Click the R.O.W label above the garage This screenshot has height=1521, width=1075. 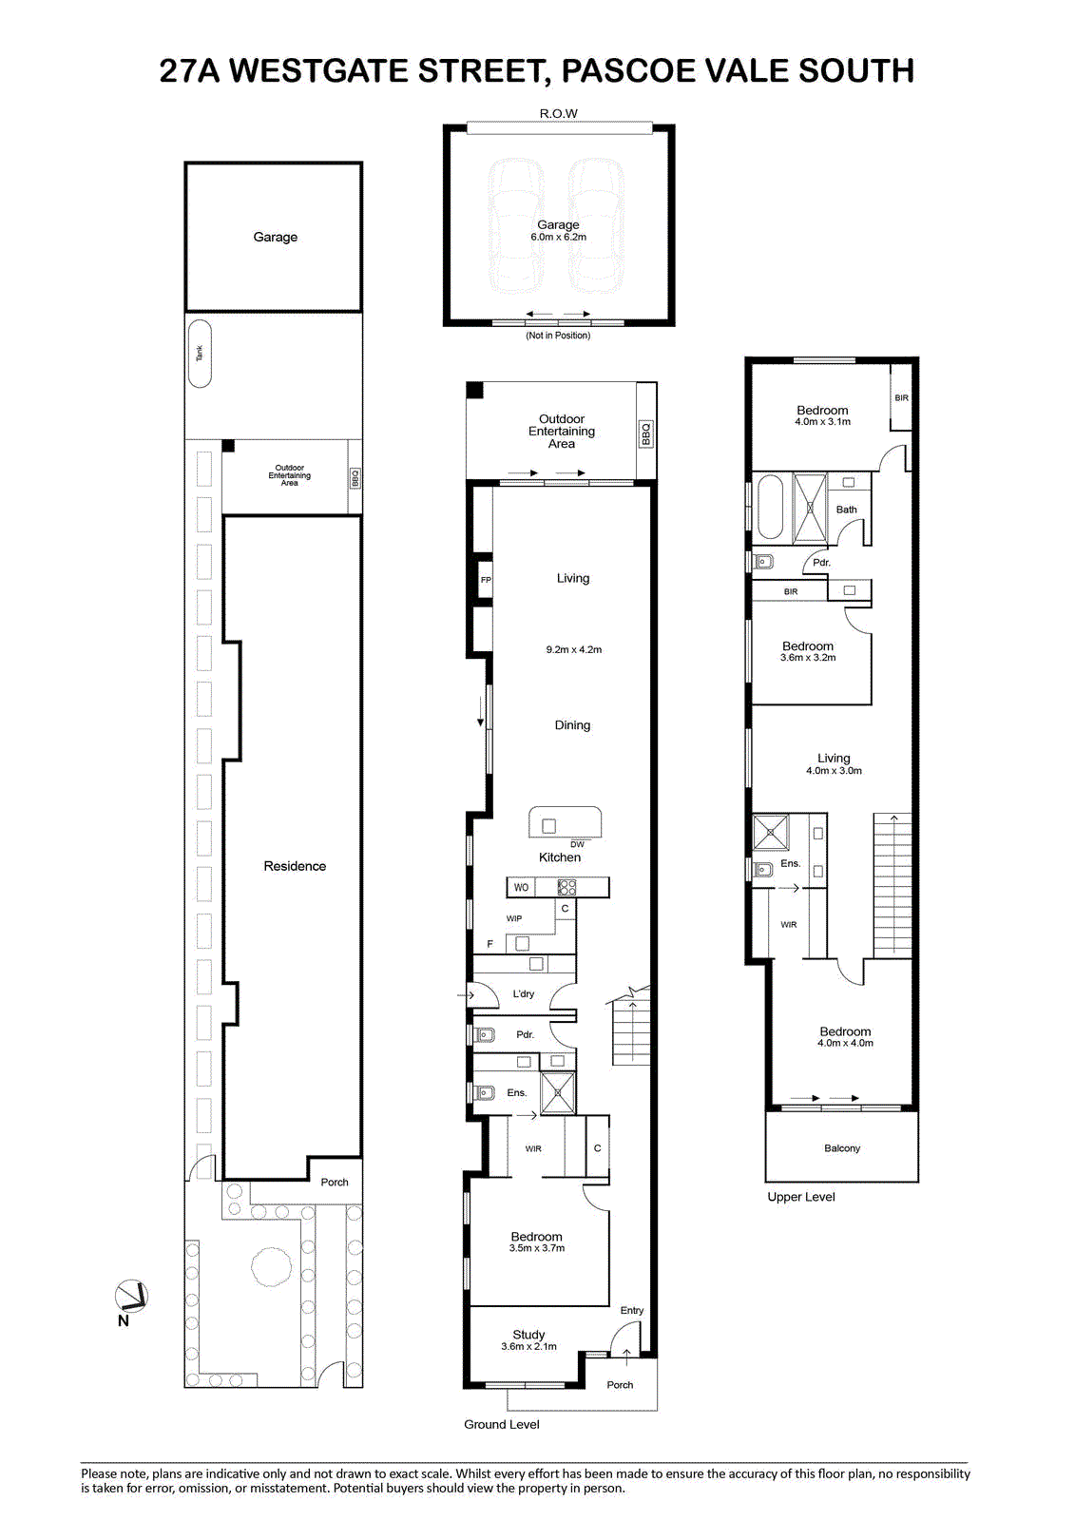coord(558,113)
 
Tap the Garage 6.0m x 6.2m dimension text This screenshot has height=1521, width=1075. coord(558,237)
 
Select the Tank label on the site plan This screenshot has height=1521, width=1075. coord(200,353)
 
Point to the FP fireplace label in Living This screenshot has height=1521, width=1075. coord(486,580)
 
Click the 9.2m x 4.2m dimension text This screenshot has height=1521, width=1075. coord(574,649)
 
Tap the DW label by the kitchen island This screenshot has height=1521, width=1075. coord(577,844)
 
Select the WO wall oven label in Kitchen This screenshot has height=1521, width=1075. coord(521,887)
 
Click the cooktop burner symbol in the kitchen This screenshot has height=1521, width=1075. coord(566,887)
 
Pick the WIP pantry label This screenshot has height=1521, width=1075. coord(514,918)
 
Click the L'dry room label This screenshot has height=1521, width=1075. coord(524,993)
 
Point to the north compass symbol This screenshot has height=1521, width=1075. coord(131,1297)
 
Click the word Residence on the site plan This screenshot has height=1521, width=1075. coord(295,866)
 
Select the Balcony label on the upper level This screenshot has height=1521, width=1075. coord(842,1148)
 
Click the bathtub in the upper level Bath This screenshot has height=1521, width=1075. coord(770,507)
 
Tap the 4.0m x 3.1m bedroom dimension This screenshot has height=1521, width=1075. coord(822,422)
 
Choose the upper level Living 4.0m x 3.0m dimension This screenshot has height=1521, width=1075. coord(834,771)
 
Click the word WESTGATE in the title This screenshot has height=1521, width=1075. coord(319,70)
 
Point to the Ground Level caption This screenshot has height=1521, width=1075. coord(502,1425)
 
